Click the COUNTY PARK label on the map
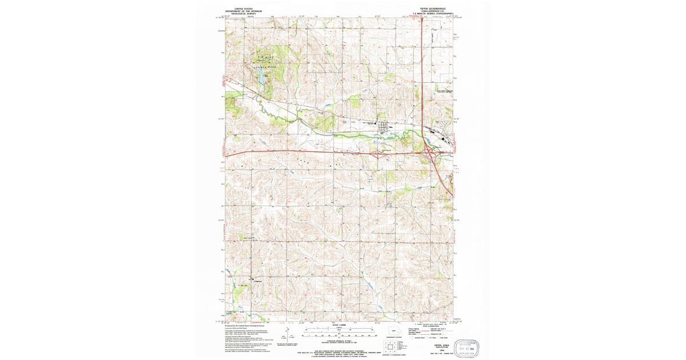261,67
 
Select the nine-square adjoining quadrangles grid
390,346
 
